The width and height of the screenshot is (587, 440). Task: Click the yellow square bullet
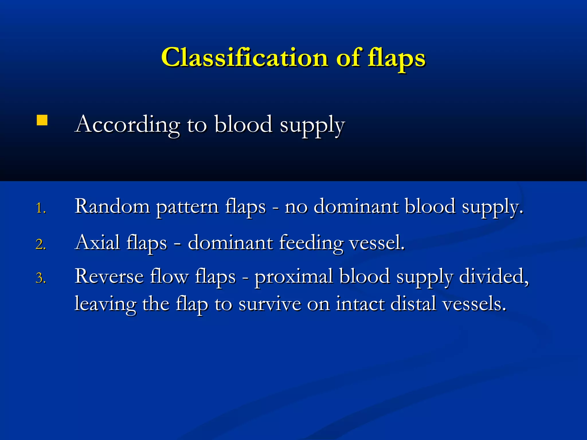[42, 120]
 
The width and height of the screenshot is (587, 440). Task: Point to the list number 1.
[40, 208]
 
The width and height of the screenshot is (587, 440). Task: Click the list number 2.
[40, 244]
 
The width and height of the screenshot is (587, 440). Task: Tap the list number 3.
[40, 278]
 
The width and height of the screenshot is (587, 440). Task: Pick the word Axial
[97, 243]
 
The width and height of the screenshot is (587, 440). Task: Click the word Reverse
[109, 276]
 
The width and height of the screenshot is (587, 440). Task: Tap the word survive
[270, 304]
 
